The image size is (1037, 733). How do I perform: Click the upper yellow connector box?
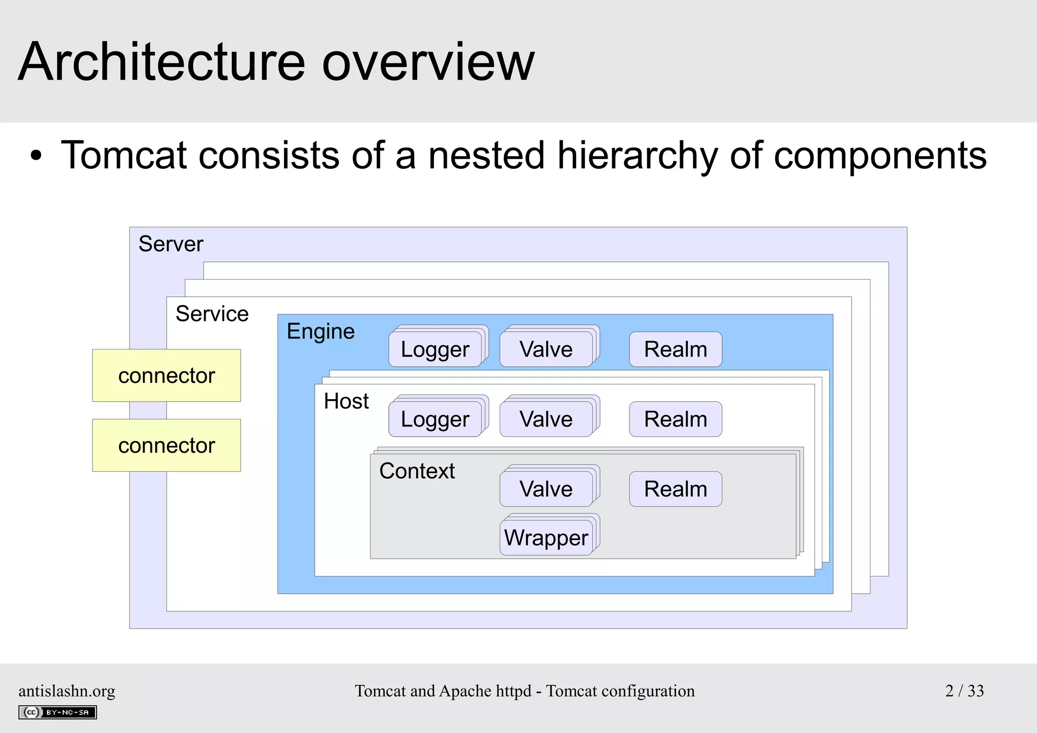[166, 375]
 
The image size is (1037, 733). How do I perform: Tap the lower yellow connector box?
[166, 445]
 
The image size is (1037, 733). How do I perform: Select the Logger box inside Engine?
[435, 350]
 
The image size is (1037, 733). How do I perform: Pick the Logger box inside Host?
[435, 419]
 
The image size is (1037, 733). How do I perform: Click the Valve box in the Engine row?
[546, 350]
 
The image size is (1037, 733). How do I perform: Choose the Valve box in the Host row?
[546, 419]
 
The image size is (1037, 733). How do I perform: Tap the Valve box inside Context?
[546, 489]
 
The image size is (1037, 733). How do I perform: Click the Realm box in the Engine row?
[675, 350]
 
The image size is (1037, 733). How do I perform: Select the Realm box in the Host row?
[675, 419]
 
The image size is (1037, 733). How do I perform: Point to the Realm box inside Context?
[675, 489]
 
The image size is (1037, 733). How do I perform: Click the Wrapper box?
[546, 538]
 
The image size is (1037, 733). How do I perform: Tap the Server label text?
[171, 244]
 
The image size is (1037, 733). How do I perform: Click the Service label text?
[212, 314]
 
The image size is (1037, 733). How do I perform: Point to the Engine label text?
[321, 332]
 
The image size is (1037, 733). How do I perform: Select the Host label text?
[346, 401]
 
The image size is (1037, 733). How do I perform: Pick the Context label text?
[417, 471]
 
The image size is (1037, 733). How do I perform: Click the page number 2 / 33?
[964, 691]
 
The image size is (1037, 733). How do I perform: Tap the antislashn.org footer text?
[67, 691]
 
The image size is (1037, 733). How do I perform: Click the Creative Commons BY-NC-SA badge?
[57, 712]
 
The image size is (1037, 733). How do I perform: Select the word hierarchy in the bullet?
[637, 155]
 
